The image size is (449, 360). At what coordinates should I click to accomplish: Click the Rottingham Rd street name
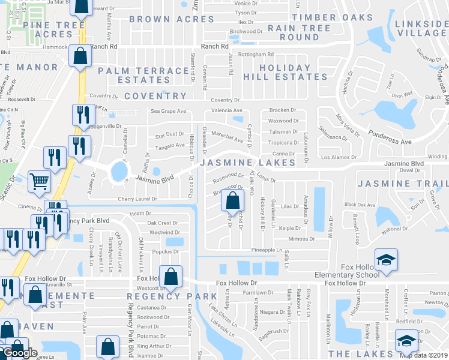pyautogui.click(x=256, y=55)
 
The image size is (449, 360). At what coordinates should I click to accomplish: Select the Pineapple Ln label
pyautogui.click(x=267, y=250)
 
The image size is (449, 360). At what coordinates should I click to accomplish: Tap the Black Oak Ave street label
pyautogui.click(x=360, y=205)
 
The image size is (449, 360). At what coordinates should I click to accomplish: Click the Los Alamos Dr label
pyautogui.click(x=339, y=157)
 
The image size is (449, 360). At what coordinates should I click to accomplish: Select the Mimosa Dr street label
pyautogui.click(x=301, y=239)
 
